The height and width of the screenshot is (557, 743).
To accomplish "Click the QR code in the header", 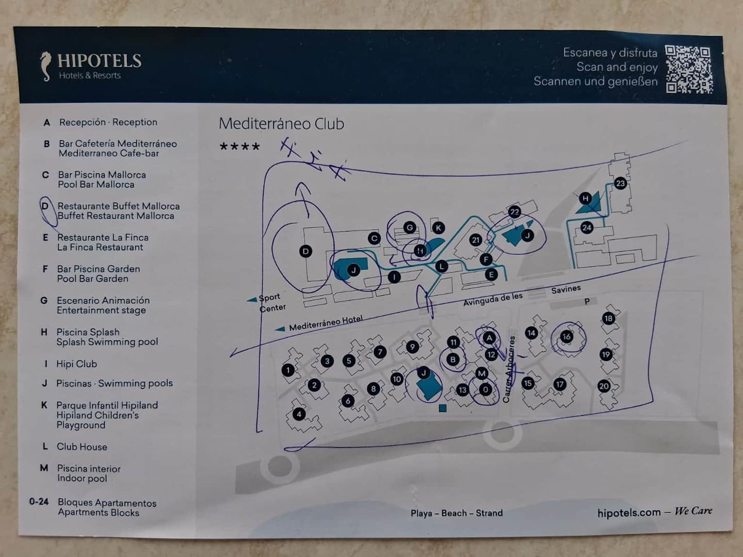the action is (x=689, y=69).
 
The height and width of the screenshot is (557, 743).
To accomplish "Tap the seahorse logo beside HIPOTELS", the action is (x=46, y=67).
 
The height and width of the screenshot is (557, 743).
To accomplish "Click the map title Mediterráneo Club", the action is (x=281, y=124).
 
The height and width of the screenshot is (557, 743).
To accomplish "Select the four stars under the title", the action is (x=239, y=146).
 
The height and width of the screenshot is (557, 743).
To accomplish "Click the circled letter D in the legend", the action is (x=45, y=206).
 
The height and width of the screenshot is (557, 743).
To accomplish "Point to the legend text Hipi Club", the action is (x=76, y=364).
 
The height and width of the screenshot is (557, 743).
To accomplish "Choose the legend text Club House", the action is (x=82, y=447).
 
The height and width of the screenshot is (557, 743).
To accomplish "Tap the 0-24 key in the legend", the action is (x=39, y=501).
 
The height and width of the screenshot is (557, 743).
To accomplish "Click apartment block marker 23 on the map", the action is (x=620, y=183).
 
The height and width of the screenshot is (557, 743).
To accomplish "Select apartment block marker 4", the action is (x=299, y=414).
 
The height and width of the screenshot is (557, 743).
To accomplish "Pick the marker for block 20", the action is (x=604, y=386).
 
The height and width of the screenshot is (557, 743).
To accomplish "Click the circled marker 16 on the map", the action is (x=567, y=336).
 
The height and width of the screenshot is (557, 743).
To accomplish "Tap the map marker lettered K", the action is (x=439, y=228).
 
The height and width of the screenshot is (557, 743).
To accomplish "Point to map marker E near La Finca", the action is (x=491, y=274).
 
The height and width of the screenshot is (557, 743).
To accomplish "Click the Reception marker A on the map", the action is (x=489, y=337).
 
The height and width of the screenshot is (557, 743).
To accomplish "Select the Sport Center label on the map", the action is (x=272, y=302).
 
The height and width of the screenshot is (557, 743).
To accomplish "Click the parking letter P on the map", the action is (x=587, y=301).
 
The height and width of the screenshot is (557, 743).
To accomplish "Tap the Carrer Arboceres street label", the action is (x=509, y=369).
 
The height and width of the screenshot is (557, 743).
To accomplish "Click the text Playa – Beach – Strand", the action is (x=457, y=513).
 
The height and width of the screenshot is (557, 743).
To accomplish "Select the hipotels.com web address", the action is (x=629, y=513).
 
